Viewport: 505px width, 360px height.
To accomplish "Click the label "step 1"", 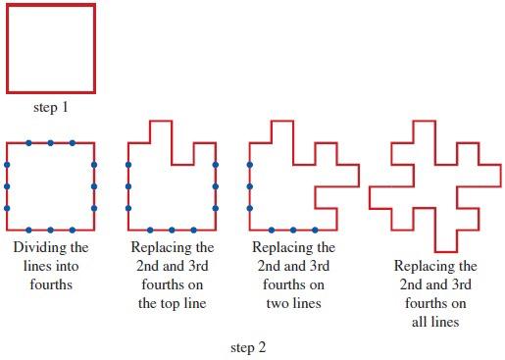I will [51, 107].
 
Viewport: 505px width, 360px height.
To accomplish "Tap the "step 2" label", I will [247, 347].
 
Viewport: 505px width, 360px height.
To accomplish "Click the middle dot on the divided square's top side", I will [51, 143].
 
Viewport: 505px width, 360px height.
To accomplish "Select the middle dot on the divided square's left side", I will [8, 185].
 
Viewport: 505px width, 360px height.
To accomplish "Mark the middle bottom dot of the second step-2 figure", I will [171, 230].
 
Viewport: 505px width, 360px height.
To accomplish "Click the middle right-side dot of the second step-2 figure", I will [215, 185].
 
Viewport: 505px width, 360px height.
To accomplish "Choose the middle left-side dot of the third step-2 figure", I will [250, 185].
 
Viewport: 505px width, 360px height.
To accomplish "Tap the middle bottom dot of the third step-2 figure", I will [293, 230].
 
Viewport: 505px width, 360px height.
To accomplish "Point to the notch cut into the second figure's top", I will [181, 154].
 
